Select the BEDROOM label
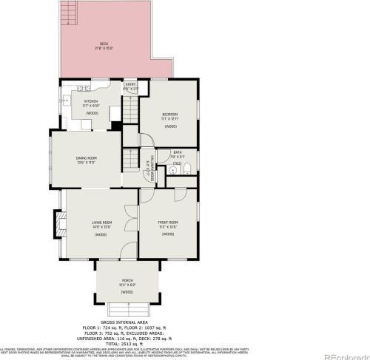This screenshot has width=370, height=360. (x=170, y=113)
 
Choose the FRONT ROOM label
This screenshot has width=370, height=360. (x=167, y=222)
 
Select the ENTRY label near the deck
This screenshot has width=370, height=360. (x=130, y=84)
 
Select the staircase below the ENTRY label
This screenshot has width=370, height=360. (x=130, y=110)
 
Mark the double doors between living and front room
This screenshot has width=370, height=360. (x=138, y=212)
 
